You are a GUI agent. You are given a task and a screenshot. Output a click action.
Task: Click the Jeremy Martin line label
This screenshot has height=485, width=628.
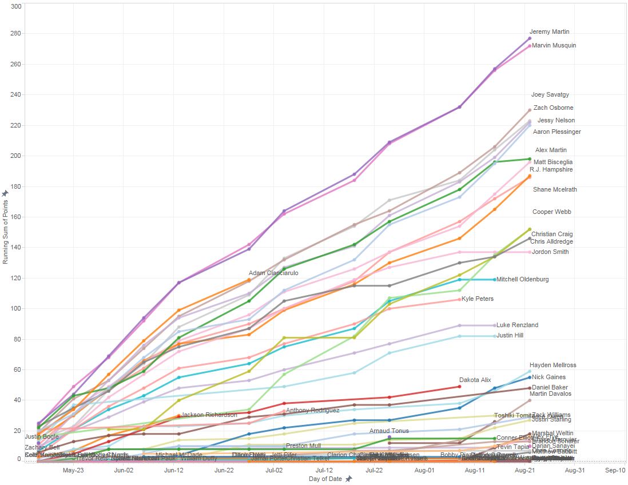549,32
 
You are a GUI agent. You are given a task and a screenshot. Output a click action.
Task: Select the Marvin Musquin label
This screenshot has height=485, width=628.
554,46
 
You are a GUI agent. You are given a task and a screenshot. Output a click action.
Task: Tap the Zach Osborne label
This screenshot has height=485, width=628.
553,108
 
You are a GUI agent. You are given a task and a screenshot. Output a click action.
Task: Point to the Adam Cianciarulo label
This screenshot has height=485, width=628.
273,273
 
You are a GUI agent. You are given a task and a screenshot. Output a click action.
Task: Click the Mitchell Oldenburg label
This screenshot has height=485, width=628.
522,280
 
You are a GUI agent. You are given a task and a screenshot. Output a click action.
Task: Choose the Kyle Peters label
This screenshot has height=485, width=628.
478,299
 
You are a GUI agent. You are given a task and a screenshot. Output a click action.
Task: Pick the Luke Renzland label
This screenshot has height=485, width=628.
517,325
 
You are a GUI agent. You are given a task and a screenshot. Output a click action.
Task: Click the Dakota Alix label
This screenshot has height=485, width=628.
475,380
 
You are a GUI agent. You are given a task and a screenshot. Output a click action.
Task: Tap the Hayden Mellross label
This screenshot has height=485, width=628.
553,365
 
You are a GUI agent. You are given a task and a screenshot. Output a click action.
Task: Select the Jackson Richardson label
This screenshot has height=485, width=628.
209,415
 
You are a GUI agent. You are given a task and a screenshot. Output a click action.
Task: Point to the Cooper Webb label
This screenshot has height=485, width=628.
551,212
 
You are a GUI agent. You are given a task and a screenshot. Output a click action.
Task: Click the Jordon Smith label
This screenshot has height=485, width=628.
550,252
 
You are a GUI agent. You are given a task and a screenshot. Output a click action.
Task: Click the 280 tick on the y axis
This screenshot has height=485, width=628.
15,34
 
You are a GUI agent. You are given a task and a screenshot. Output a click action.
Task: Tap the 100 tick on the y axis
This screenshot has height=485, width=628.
15,309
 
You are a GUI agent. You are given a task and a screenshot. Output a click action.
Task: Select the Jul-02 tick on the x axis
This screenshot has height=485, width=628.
274,470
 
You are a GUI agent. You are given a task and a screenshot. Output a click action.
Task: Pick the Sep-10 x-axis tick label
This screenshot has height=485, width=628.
615,470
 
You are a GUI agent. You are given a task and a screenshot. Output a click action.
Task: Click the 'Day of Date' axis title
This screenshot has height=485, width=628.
325,479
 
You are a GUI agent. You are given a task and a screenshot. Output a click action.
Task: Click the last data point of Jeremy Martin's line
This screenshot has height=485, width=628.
530,38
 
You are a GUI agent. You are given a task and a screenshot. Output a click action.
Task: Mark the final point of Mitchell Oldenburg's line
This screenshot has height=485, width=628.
495,280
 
